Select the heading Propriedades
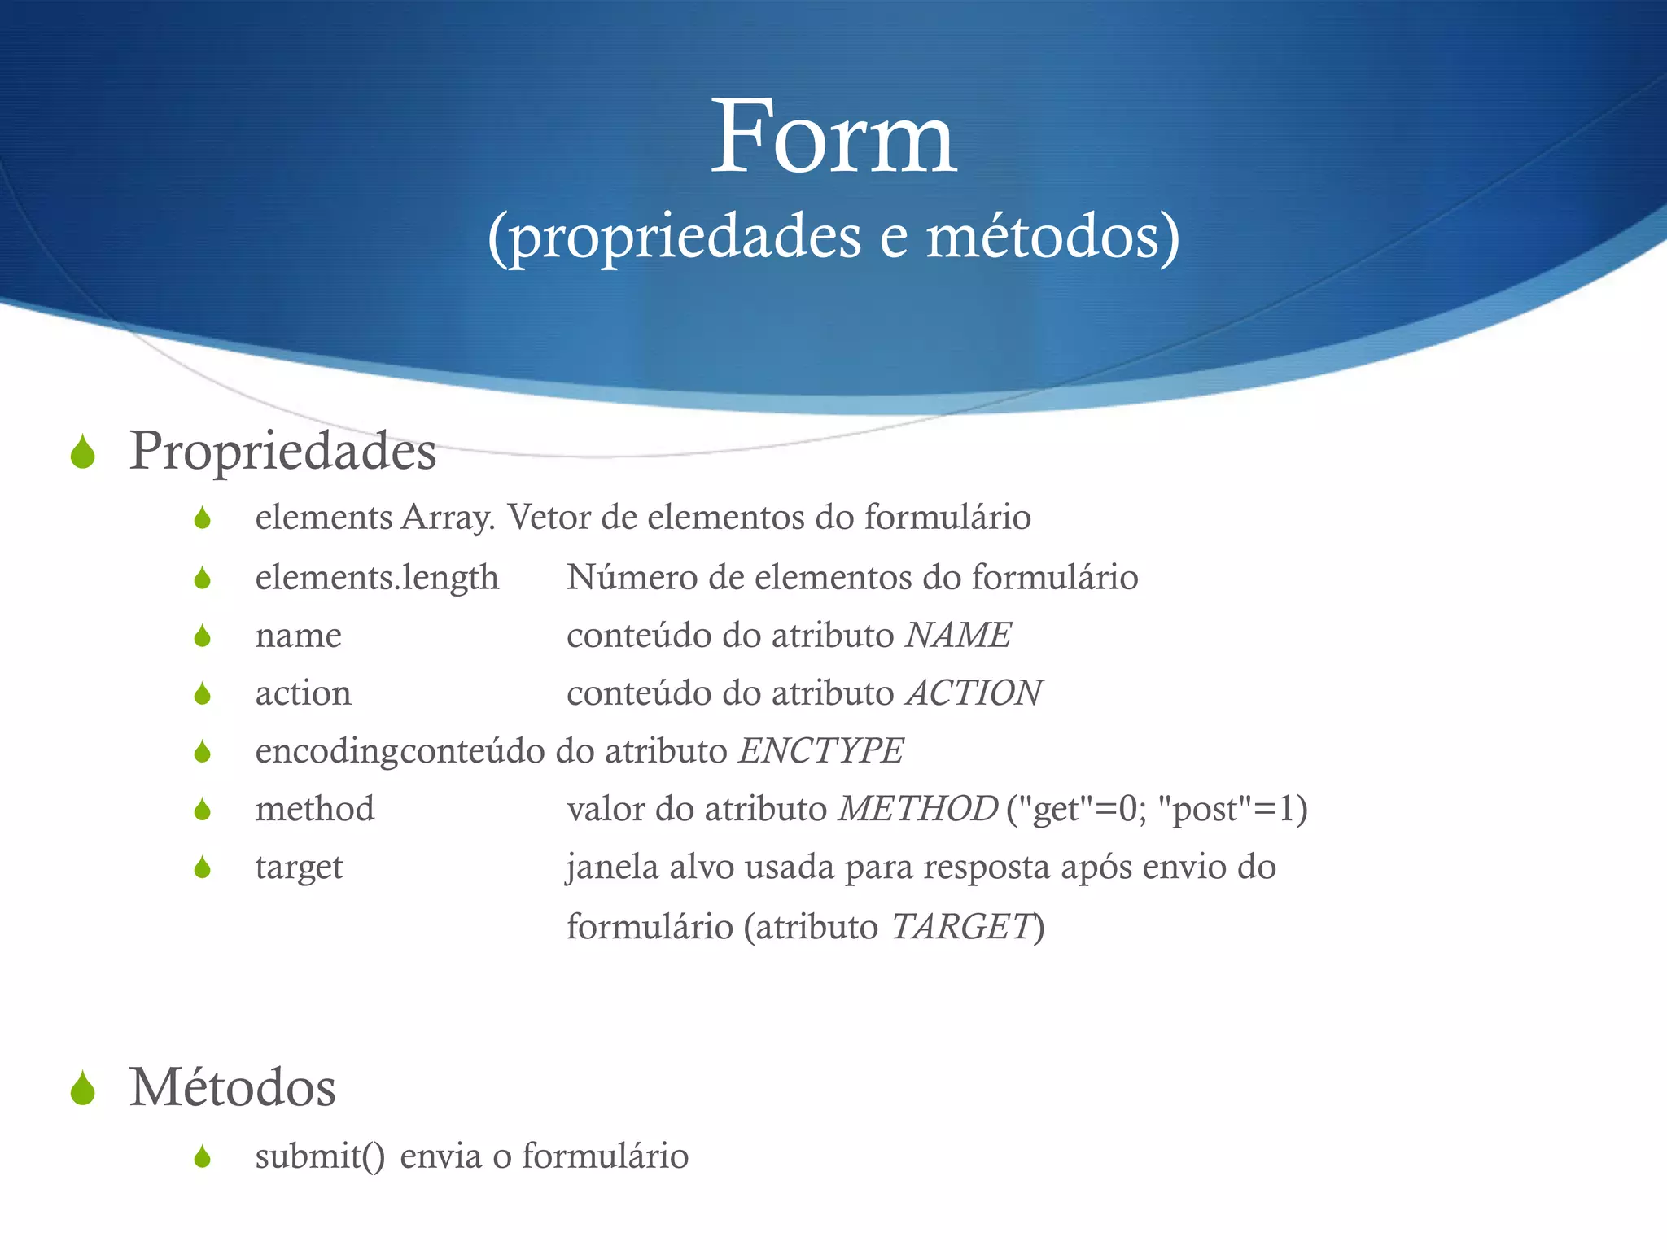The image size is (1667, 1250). [x=282, y=451]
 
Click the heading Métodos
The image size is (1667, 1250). [x=232, y=1087]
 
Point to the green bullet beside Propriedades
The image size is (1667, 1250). [x=83, y=452]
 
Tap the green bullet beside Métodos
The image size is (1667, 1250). [x=83, y=1089]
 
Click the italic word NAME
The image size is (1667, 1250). [x=958, y=635]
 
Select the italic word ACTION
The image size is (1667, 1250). [x=974, y=693]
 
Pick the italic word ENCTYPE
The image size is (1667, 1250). [x=820, y=751]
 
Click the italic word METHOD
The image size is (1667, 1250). [x=918, y=809]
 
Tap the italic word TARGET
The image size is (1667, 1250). [x=961, y=926]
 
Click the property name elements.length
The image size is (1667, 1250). [x=377, y=578]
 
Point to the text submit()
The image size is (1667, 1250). [x=320, y=1156]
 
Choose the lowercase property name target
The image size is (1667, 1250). [x=299, y=868]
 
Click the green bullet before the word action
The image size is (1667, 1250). [x=203, y=694]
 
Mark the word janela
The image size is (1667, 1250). [x=612, y=868]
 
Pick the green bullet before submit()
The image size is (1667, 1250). [x=203, y=1156]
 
